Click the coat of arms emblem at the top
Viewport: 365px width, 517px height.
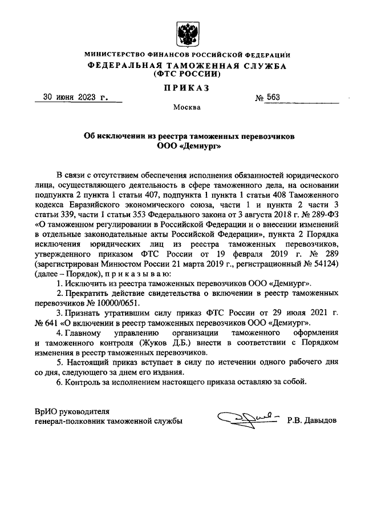pos(186,34)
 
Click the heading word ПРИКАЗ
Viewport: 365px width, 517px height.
pos(187,87)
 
